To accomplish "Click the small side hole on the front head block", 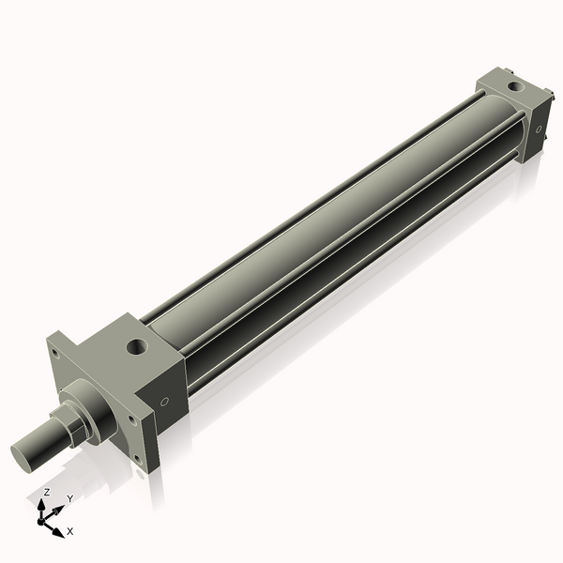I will [166, 402].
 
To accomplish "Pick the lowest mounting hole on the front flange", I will [140, 460].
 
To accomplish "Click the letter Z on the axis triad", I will [46, 492].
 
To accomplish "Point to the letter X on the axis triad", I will [70, 531].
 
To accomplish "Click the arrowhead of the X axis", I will [60, 526].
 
